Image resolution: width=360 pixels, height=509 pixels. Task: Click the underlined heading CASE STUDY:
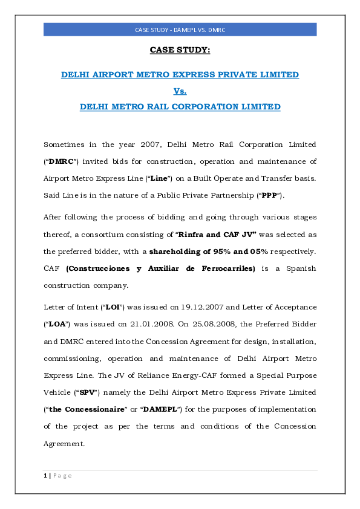point(180,50)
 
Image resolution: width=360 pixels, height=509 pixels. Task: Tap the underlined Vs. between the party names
point(180,91)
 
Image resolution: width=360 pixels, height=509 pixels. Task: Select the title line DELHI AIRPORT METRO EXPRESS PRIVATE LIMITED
point(180,75)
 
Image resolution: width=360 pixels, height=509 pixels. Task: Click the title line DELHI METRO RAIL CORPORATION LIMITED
point(180,107)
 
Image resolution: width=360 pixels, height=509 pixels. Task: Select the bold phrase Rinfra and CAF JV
point(214,234)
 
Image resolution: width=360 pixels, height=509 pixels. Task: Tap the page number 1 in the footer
point(45,476)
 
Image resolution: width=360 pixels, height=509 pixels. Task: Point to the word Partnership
point(231,195)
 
